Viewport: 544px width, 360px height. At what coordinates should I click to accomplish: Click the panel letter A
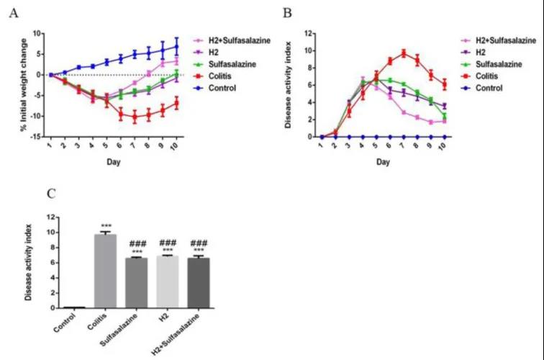(x=12, y=14)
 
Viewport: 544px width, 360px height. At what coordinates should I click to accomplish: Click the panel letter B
(x=286, y=14)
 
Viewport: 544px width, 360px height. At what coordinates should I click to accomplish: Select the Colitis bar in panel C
(x=106, y=271)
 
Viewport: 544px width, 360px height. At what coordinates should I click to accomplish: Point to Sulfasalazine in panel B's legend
(x=495, y=65)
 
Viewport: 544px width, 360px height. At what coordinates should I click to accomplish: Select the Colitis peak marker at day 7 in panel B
(x=404, y=53)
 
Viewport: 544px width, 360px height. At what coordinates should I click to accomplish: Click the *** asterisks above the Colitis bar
(x=106, y=226)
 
